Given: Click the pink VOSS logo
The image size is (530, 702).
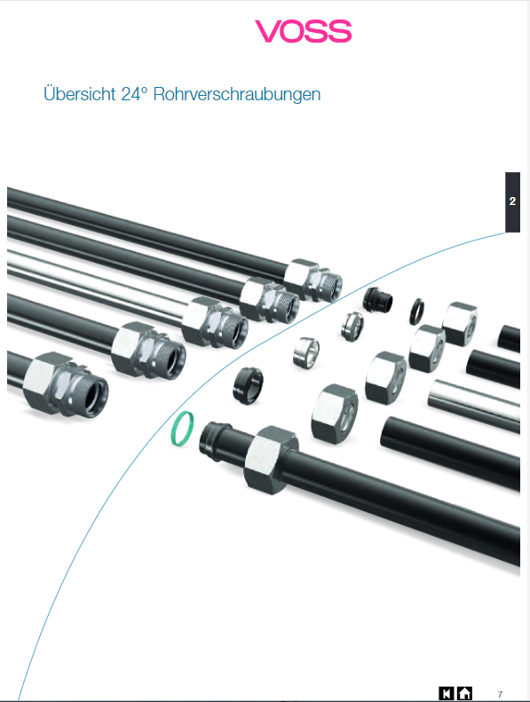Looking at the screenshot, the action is [x=304, y=31].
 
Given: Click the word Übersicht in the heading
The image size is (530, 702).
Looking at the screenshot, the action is [x=80, y=94].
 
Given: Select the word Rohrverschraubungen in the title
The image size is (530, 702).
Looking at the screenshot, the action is [x=237, y=94].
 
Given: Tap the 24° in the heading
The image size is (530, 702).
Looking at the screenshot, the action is [x=134, y=94].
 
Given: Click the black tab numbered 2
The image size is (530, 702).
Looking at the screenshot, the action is [x=512, y=202].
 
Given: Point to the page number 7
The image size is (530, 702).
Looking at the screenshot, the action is [x=500, y=694].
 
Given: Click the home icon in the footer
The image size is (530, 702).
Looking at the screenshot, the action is [x=464, y=693].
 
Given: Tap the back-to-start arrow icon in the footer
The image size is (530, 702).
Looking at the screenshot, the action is [x=447, y=693].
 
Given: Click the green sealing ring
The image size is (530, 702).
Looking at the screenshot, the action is [x=183, y=429].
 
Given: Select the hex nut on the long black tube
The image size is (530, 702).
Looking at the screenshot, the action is [x=272, y=460].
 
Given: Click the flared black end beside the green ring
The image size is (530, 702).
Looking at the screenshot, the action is [x=215, y=441].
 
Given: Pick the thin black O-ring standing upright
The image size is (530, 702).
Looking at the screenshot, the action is [x=416, y=312].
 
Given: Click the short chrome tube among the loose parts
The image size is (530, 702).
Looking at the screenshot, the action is [x=475, y=406].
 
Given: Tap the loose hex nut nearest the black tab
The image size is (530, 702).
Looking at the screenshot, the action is [x=460, y=324].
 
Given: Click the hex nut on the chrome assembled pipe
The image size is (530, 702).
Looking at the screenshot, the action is [x=202, y=320].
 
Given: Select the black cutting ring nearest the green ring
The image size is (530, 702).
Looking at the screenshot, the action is [x=248, y=385].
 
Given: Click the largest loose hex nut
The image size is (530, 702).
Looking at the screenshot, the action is [x=334, y=412].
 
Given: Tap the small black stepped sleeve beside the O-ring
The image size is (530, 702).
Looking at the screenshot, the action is [x=377, y=299].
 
